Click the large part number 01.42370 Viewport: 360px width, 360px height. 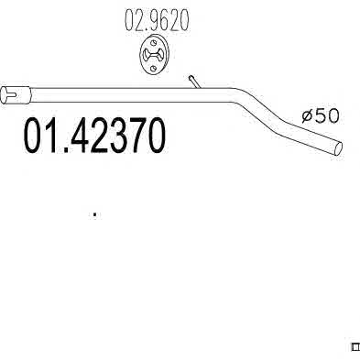click(94, 136)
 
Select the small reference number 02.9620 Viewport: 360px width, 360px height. click(157, 20)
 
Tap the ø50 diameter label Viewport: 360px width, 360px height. click(321, 116)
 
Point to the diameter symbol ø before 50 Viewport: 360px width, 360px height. click(307, 116)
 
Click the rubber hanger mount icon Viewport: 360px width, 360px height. click(154, 55)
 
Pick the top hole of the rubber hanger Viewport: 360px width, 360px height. click(154, 43)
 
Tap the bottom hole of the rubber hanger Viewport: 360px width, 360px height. click(154, 68)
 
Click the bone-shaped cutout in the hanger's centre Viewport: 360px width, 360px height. click(154, 55)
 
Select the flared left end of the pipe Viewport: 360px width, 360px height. click(16, 94)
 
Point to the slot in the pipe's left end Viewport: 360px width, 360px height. click(11, 94)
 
